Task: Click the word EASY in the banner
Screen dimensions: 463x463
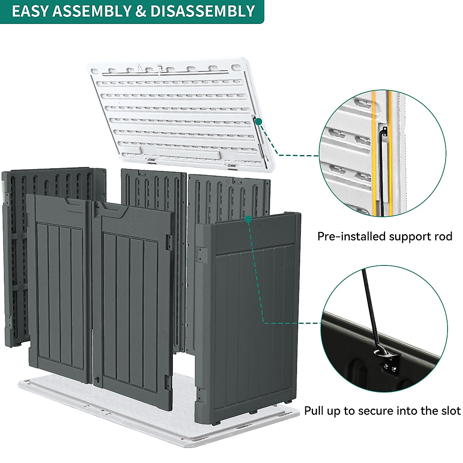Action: click(x=30, y=11)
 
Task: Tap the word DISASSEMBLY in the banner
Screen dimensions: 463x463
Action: click(x=203, y=11)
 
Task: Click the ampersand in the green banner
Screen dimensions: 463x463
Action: click(x=141, y=11)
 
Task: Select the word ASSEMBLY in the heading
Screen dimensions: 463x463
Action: click(x=92, y=11)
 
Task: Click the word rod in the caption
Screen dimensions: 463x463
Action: click(x=443, y=236)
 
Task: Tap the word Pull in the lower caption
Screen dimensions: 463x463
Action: click(x=314, y=411)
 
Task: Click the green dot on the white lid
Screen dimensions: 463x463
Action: click(x=259, y=121)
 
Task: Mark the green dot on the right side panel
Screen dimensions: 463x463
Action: click(x=248, y=219)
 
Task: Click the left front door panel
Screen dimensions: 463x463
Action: click(x=60, y=286)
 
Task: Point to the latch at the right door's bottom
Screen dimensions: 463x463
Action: click(x=98, y=380)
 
